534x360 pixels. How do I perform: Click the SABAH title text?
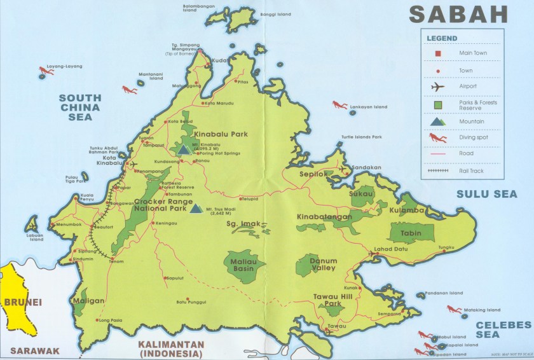pyautogui.click(x=458, y=14)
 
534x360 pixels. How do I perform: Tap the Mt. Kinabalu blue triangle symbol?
pyautogui.click(x=184, y=149)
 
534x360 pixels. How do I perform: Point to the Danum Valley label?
pyautogui.click(x=323, y=264)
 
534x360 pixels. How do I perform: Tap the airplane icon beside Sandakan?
pyautogui.click(x=346, y=170)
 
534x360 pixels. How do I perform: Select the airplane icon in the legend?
pyautogui.click(x=438, y=87)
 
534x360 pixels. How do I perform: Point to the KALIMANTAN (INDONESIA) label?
pyautogui.click(x=170, y=349)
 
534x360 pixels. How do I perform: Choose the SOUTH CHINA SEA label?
pyautogui.click(x=79, y=107)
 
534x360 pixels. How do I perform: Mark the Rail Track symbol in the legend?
pyautogui.click(x=439, y=170)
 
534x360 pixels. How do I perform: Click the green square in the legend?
pyautogui.click(x=438, y=104)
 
